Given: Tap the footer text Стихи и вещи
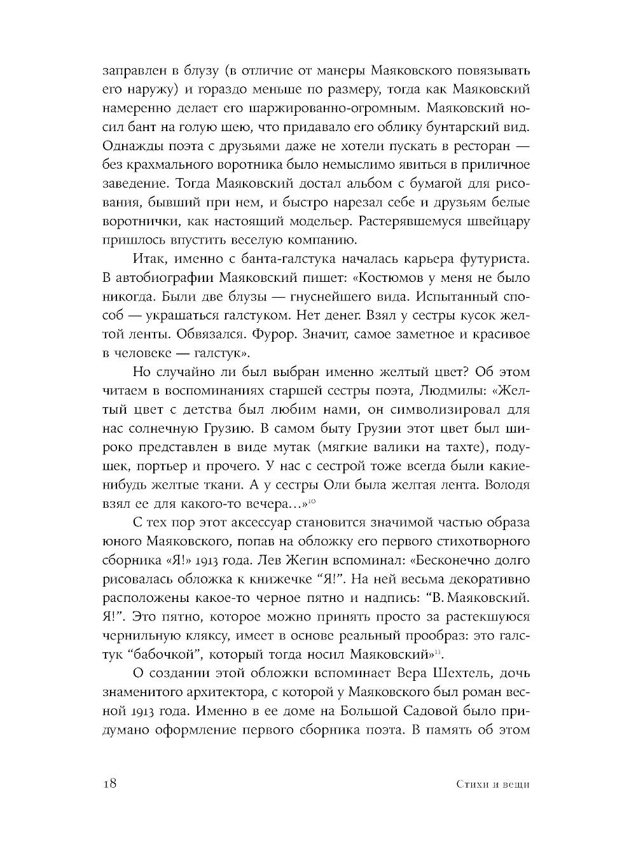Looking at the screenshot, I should [492, 784].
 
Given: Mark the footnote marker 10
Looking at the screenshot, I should [314, 503].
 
